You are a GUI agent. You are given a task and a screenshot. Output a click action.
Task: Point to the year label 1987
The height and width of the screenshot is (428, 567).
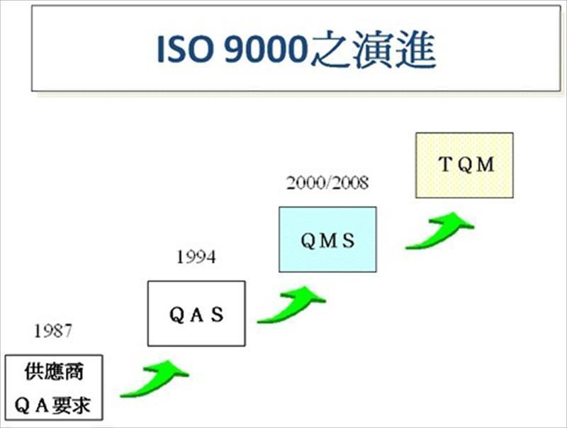click(x=52, y=330)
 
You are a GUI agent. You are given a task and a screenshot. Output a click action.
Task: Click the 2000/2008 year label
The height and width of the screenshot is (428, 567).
click(x=327, y=184)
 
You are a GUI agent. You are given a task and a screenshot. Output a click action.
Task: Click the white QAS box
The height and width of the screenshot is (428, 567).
click(x=196, y=313)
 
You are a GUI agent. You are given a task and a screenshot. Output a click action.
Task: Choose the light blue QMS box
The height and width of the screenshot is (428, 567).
click(x=327, y=240)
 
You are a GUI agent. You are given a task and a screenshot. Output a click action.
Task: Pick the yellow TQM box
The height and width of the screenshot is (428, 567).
click(x=464, y=165)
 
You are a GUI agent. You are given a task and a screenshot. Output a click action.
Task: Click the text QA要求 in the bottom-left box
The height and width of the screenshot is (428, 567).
click(x=53, y=405)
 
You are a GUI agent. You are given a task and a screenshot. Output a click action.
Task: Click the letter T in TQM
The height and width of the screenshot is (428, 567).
click(x=444, y=165)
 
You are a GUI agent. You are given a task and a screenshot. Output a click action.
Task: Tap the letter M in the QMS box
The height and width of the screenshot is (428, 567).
click(x=327, y=240)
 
